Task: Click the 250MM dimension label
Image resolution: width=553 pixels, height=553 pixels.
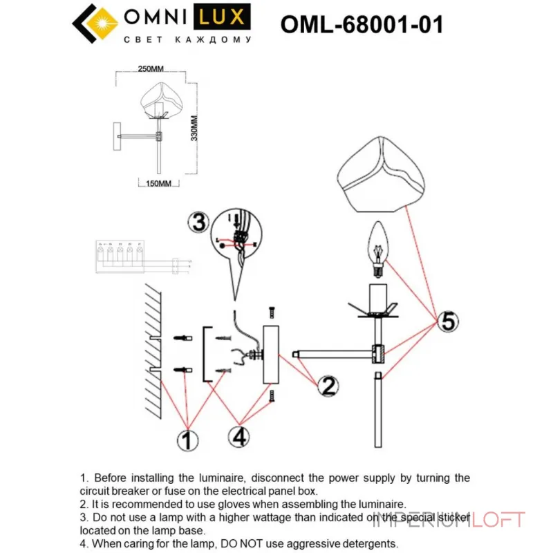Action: coord(150,69)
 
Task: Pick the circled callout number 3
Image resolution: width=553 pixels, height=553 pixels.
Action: coord(198,223)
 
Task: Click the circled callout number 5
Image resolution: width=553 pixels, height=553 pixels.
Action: coord(448,321)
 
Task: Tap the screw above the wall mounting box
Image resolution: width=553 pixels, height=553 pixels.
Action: coord(270,314)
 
